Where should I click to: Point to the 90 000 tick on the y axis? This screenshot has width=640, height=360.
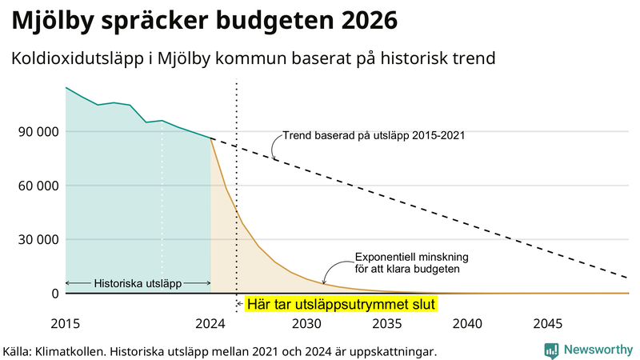tap(36, 131)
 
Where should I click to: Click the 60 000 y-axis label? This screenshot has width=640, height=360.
tap(36, 186)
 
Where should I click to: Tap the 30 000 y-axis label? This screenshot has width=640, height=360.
tap(36, 239)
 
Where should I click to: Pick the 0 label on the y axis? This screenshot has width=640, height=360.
tap(54, 294)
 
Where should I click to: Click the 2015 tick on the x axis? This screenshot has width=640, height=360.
tap(66, 324)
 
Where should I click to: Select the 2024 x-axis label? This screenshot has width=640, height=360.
tap(210, 324)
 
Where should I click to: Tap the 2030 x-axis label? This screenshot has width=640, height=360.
tap(306, 324)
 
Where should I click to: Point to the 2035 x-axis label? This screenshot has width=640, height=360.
tap(387, 324)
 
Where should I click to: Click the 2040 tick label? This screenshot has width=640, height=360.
tap(467, 324)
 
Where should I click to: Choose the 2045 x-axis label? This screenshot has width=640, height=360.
tap(548, 324)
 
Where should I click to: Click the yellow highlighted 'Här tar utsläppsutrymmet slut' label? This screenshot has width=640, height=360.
tap(340, 305)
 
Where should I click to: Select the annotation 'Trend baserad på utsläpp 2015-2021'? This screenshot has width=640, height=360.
tap(374, 135)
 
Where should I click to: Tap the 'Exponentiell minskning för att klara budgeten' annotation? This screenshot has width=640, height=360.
tap(411, 263)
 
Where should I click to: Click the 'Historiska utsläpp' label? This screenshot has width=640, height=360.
tap(138, 283)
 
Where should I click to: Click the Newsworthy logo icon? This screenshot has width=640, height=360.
tap(551, 350)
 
